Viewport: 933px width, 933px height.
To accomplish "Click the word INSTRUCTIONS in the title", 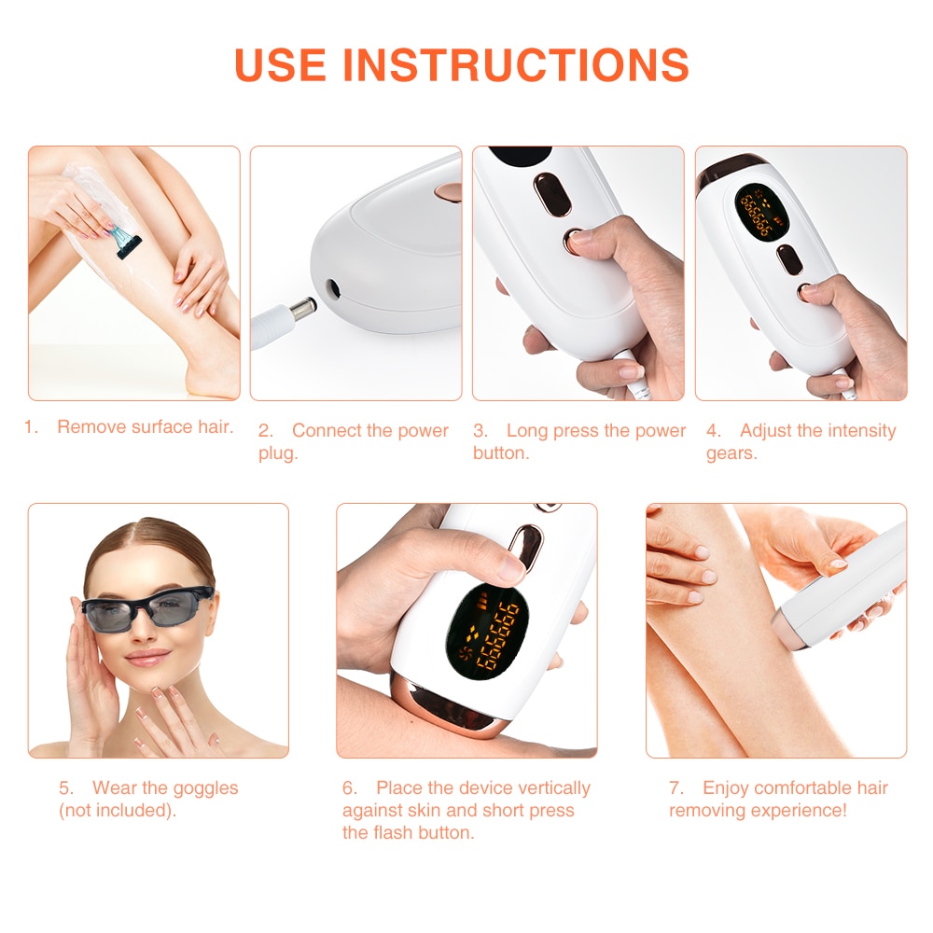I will click(x=516, y=63).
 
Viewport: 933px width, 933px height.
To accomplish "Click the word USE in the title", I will click(x=281, y=63).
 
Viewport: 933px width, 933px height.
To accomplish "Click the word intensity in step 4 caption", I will click(x=854, y=431).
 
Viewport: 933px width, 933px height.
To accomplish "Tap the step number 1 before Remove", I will click(x=31, y=427).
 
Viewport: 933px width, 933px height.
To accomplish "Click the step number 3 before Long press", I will click(x=480, y=431).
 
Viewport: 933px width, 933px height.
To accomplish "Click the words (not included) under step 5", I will click(x=117, y=811).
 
